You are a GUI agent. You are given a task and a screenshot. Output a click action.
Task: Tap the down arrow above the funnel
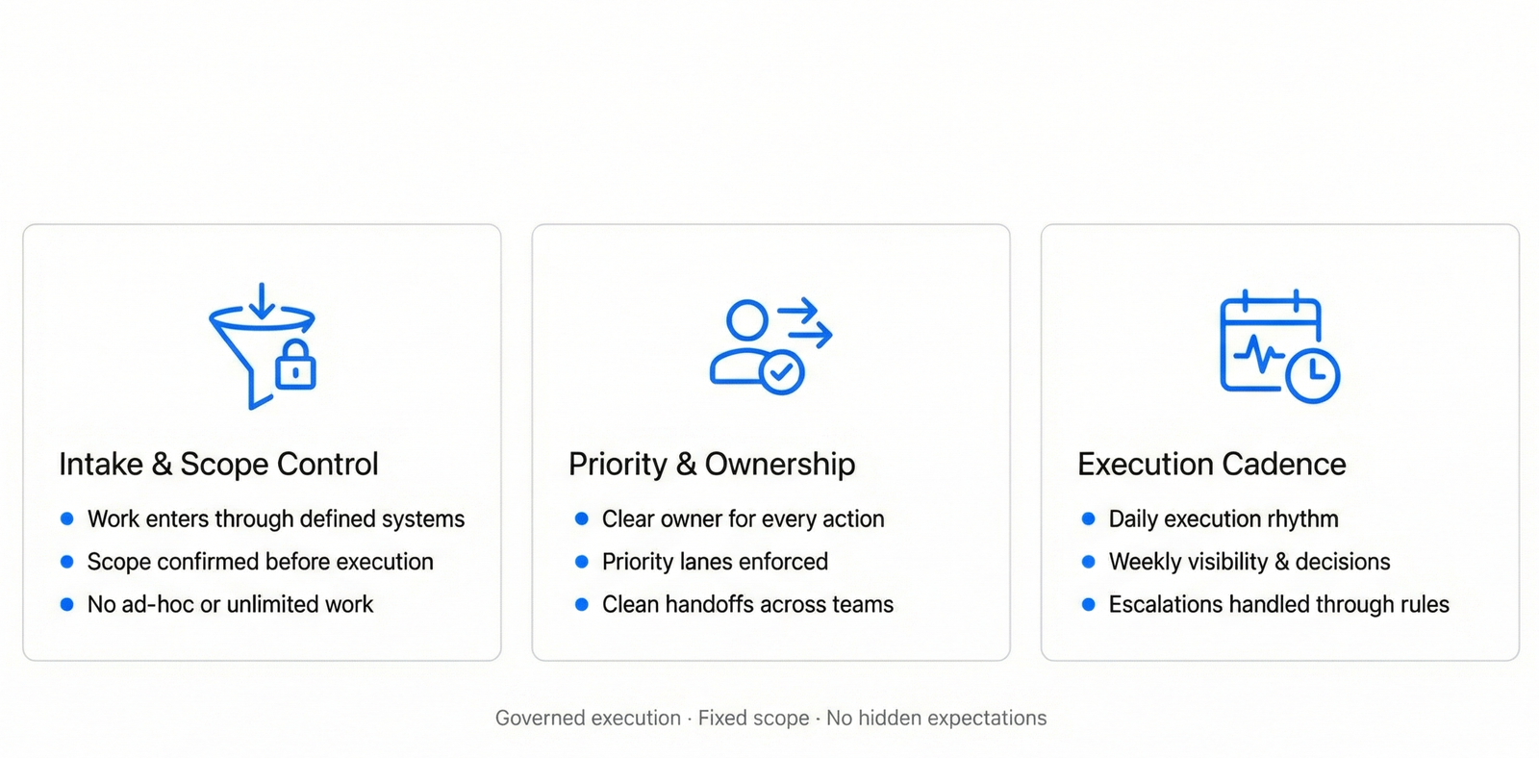(262, 301)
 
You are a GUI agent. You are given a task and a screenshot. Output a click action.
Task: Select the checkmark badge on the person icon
(781, 372)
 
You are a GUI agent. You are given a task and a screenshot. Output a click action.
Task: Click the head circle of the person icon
(746, 319)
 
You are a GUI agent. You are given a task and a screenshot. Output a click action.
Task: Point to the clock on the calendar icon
(1312, 376)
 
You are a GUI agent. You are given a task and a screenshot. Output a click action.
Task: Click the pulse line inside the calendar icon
(1259, 353)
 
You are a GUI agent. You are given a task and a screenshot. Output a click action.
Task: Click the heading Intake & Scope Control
(218, 464)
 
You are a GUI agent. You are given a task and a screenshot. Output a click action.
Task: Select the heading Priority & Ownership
(712, 464)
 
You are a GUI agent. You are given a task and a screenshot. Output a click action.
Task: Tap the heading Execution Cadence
(1211, 464)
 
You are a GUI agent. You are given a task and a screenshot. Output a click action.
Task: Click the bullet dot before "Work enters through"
(66, 518)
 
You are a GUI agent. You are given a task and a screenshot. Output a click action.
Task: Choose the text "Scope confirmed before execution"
(260, 562)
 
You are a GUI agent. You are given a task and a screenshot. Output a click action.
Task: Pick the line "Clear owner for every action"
(743, 518)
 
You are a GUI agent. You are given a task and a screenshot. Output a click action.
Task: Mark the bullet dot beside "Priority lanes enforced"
(581, 562)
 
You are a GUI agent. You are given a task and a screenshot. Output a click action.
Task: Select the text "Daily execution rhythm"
(1223, 518)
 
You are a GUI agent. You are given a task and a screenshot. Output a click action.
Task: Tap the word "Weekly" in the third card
(1142, 562)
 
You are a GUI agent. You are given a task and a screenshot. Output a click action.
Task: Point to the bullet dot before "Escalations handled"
(1088, 604)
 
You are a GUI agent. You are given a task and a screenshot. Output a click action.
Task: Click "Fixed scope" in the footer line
(754, 718)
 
